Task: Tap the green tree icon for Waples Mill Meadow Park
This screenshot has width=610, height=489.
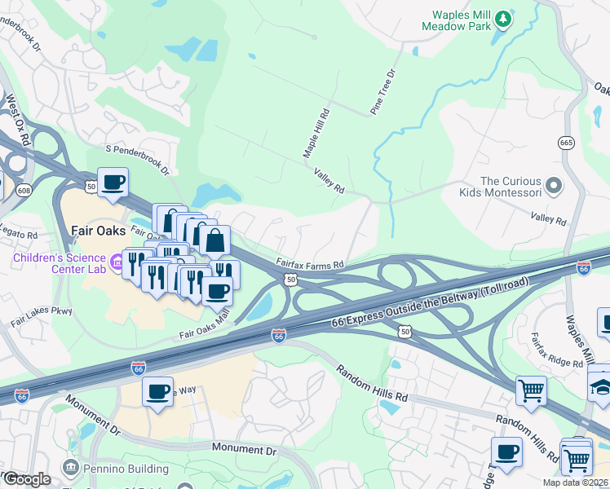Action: (504, 17)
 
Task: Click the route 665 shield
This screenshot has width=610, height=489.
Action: (566, 143)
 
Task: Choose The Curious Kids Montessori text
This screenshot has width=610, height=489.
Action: (511, 188)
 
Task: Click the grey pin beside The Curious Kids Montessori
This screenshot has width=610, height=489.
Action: (555, 187)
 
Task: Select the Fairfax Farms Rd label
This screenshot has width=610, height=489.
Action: (310, 264)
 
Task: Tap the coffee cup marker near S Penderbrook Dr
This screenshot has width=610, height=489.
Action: (113, 181)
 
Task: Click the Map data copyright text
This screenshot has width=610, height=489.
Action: (576, 482)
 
